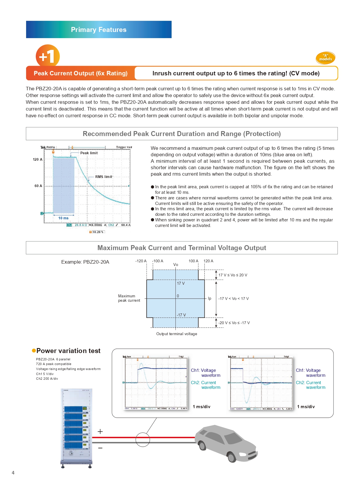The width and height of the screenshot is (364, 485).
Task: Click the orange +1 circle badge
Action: click(x=48, y=56)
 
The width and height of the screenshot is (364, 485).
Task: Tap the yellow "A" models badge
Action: click(x=325, y=58)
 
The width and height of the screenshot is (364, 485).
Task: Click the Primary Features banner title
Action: click(x=99, y=30)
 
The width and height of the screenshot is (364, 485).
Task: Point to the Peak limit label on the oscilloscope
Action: click(x=89, y=153)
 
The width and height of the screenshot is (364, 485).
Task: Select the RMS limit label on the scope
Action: click(x=104, y=177)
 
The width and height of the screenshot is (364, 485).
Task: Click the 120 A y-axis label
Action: click(x=38, y=160)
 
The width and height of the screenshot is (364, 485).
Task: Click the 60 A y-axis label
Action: click(x=38, y=186)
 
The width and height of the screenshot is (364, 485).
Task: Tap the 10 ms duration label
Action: click(x=63, y=218)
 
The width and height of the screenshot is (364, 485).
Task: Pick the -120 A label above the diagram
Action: click(x=141, y=261)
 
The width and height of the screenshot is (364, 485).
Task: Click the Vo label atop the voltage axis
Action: click(x=176, y=264)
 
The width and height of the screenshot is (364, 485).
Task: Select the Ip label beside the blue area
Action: click(x=209, y=299)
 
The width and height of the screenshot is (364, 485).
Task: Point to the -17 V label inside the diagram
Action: click(x=181, y=315)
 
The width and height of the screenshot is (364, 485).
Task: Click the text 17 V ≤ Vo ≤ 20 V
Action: click(x=233, y=275)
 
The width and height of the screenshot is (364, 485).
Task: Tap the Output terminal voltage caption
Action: click(x=177, y=334)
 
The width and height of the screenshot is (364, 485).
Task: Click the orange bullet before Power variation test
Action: click(x=34, y=351)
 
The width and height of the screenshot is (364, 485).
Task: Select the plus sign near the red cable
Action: click(x=100, y=432)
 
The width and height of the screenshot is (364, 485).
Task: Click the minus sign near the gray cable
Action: click(x=100, y=448)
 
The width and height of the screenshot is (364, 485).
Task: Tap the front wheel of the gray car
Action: click(x=231, y=457)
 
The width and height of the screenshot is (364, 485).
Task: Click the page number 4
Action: click(x=13, y=473)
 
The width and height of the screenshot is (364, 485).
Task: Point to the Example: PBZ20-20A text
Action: click(x=85, y=262)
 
